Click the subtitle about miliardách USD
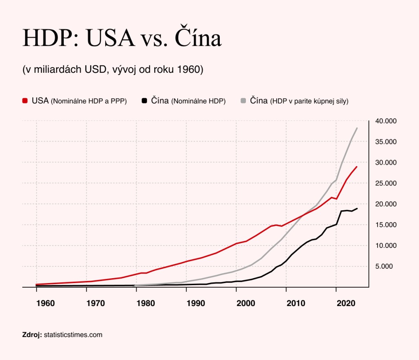pyautogui.click(x=113, y=70)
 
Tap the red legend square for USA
pyautogui.click(x=25, y=101)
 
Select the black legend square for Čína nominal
pyautogui.click(x=144, y=101)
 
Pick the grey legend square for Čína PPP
pyautogui.click(x=243, y=101)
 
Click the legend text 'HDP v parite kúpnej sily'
pyautogui.click(x=309, y=101)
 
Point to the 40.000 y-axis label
pyautogui.click(x=386, y=121)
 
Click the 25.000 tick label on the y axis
pyautogui.click(x=386, y=183)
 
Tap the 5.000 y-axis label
pyautogui.click(x=384, y=266)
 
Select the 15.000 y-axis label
pyautogui.click(x=386, y=225)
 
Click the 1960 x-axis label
pyautogui.click(x=45, y=304)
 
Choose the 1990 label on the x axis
pyautogui.click(x=196, y=304)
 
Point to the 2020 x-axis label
pyautogui.click(x=346, y=304)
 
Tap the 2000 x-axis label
pyautogui.click(x=246, y=304)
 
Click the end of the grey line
pyautogui.click(x=357, y=128)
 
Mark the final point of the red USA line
pyautogui.click(x=357, y=167)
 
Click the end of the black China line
pyautogui.click(x=357, y=209)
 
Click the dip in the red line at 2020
pyautogui.click(x=336, y=199)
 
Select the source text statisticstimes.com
pyautogui.click(x=73, y=335)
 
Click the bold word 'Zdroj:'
pyautogui.click(x=32, y=335)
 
